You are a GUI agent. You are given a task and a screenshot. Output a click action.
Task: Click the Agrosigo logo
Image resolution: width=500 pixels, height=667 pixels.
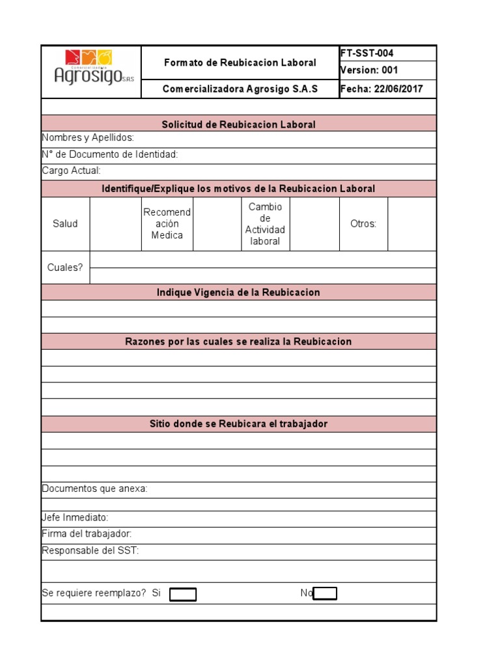click(x=91, y=68)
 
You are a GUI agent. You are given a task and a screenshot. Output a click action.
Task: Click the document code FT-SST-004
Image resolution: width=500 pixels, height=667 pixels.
click(x=367, y=53)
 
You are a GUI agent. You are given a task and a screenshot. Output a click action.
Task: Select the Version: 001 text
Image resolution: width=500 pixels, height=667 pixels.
click(x=368, y=70)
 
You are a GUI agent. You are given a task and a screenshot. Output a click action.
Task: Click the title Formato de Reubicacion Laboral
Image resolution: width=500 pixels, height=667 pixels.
click(x=240, y=63)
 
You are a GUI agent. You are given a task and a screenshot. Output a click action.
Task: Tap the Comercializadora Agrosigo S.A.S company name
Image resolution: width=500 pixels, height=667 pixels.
click(x=240, y=89)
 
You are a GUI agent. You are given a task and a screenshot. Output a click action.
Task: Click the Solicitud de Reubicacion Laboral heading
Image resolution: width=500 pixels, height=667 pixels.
click(x=238, y=124)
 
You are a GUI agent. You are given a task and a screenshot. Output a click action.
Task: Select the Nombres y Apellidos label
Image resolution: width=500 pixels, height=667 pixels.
click(x=88, y=138)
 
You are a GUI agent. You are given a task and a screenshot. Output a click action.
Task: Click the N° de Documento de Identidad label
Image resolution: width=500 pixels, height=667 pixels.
click(x=109, y=154)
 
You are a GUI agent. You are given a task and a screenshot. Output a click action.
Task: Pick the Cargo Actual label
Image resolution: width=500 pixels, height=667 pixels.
click(x=71, y=171)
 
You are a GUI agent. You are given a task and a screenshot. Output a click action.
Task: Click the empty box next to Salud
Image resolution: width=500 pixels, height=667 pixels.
click(x=115, y=224)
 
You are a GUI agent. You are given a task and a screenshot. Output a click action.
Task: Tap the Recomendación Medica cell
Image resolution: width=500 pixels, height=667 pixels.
click(x=167, y=224)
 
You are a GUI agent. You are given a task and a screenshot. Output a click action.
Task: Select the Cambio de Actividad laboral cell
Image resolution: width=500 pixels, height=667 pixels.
click(x=265, y=224)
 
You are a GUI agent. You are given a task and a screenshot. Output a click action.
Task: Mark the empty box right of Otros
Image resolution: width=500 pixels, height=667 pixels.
click(x=411, y=224)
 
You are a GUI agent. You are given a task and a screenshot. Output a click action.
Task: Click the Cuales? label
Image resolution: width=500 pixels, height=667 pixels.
click(x=65, y=268)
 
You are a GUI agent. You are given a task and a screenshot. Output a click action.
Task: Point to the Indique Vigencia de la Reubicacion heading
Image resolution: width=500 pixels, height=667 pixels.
click(x=238, y=292)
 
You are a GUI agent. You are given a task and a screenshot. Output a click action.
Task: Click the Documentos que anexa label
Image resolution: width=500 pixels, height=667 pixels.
click(x=94, y=489)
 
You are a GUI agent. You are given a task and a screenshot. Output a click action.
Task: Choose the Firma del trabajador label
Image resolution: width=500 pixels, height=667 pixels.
click(x=87, y=534)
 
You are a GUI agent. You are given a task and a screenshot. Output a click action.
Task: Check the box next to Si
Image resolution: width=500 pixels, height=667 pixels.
click(x=183, y=594)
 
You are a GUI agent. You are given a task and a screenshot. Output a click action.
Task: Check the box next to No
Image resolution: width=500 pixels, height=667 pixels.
click(x=326, y=593)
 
